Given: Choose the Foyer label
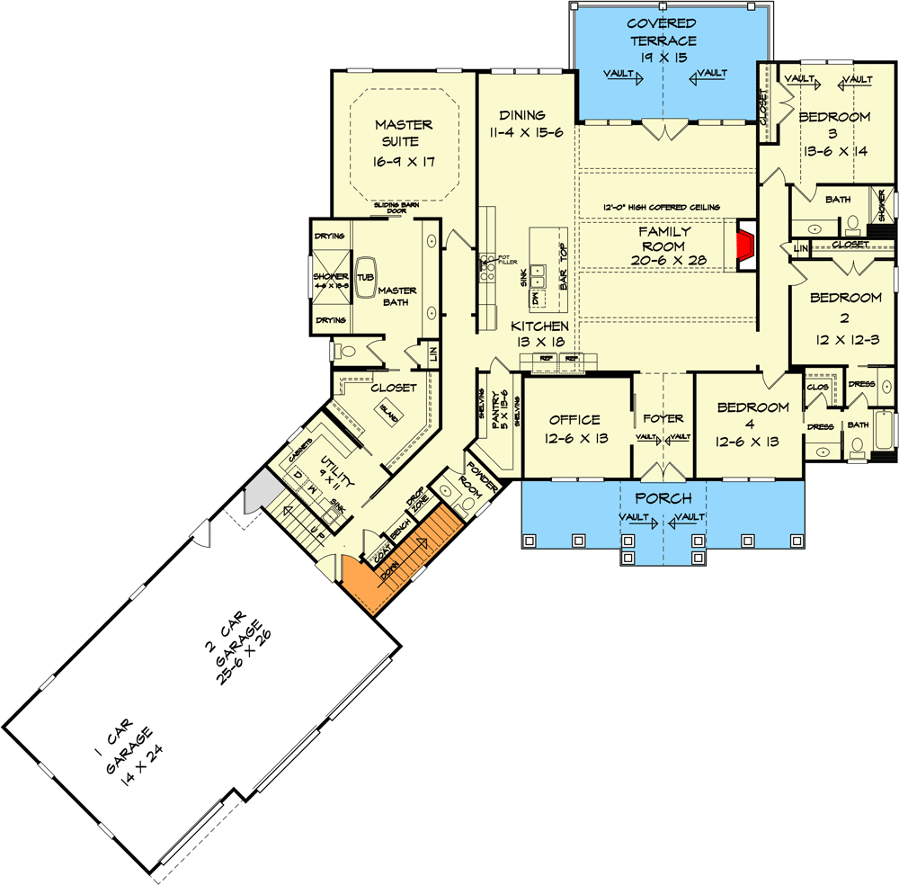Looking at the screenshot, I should (x=663, y=418).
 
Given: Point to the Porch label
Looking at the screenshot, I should (x=663, y=498).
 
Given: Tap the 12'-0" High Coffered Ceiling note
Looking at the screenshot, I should (x=661, y=208).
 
